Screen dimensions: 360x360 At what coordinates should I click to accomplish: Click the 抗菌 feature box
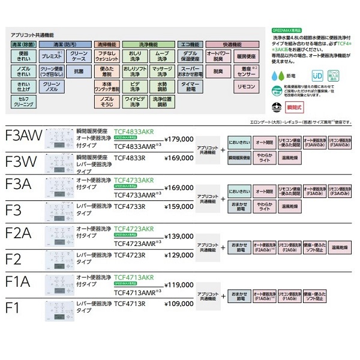coord(79,71)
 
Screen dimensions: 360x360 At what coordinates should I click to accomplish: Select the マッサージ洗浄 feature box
coord(161,71)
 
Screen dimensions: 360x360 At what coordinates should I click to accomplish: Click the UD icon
coord(317,77)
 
